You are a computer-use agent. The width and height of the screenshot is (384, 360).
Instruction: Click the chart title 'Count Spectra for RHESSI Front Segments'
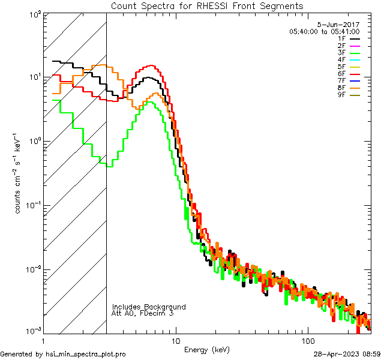tap(207, 6)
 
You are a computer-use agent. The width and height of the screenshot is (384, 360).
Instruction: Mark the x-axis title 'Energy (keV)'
tap(207, 349)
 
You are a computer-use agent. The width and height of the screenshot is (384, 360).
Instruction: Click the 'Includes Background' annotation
tap(149, 307)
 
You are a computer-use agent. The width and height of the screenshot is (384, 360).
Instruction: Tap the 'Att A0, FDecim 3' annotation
tap(143, 313)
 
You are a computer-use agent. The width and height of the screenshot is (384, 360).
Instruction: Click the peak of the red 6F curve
tap(150, 66)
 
